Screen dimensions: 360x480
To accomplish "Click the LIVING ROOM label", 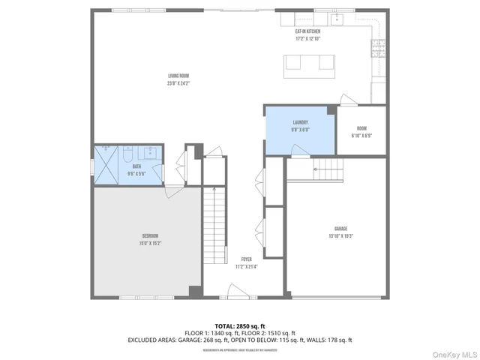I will pyautogui.click(x=178, y=76).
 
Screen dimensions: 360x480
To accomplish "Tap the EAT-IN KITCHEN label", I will pyautogui.click(x=307, y=31).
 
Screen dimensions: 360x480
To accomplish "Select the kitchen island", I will pyautogui.click(x=307, y=65).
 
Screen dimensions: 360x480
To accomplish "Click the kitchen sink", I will pyautogui.click(x=338, y=18).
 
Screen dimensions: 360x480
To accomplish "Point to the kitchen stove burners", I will pyautogui.click(x=376, y=49).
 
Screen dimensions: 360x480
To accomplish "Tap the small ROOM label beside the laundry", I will pyautogui.click(x=361, y=128).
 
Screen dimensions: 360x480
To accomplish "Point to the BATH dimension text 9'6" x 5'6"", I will pyautogui.click(x=137, y=174).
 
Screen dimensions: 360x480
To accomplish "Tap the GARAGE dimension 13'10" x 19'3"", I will pyautogui.click(x=340, y=236).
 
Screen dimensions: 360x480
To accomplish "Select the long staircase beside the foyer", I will pyautogui.click(x=215, y=224).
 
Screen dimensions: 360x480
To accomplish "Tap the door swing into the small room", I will pyautogui.click(x=346, y=100).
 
